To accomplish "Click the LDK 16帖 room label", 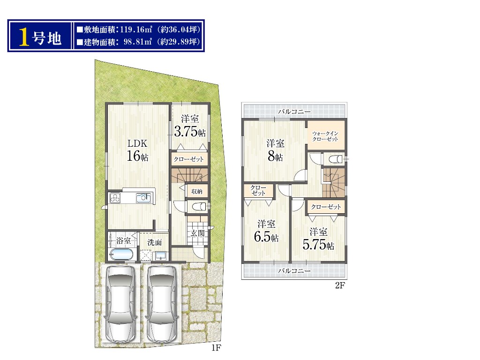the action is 137,150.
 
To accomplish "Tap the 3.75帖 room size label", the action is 190,131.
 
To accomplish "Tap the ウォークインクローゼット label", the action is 325,136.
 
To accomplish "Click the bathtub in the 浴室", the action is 121,255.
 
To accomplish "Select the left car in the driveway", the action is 120,303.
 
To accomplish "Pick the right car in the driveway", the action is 161,303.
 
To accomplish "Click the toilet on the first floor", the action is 199,207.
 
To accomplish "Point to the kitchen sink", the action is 143,198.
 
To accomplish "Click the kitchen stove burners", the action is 115,198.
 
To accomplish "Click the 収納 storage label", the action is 197,191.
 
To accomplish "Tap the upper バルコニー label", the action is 294,112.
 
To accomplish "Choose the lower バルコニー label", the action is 294,270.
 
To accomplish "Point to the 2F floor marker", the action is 340,285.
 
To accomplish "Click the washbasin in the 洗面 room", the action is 160,255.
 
